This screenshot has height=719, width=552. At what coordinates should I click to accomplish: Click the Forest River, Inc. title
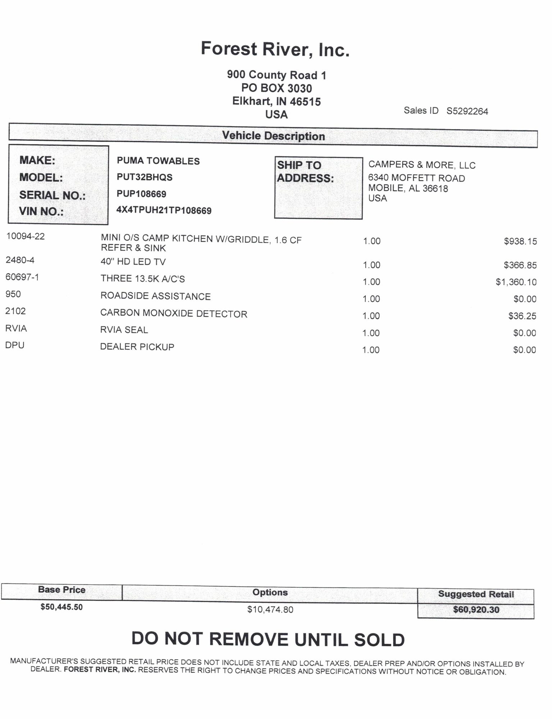[275, 49]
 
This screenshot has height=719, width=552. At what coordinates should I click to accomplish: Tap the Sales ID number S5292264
[467, 111]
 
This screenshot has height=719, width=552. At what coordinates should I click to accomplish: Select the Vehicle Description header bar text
[273, 136]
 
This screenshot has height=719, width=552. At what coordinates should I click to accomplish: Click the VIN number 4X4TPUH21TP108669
[164, 210]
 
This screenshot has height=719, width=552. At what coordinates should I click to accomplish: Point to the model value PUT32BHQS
[145, 177]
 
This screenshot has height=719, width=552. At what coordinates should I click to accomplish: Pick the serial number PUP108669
[141, 194]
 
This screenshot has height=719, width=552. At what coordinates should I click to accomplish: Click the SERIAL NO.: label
[53, 195]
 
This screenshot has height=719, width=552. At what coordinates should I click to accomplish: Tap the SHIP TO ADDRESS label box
[318, 188]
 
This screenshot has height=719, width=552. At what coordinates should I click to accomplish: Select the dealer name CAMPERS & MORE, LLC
[422, 165]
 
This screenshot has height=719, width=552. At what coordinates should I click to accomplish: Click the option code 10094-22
[26, 236]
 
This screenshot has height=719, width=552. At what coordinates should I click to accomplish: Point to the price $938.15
[520, 241]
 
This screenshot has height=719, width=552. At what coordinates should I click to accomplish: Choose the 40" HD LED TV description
[133, 262]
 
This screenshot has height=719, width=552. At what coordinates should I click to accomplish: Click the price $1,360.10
[516, 282]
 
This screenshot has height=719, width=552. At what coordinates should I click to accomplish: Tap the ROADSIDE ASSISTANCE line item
[155, 296]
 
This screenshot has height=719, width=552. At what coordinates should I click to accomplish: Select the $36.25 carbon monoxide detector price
[522, 316]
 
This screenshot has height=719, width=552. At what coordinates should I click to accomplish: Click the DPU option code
[15, 345]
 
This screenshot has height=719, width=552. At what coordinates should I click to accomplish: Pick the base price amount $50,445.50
[61, 607]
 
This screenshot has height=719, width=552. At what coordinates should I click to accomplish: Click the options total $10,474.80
[270, 609]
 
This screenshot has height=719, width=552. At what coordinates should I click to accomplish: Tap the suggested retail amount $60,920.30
[476, 609]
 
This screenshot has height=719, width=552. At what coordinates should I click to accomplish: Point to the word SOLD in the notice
[379, 640]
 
